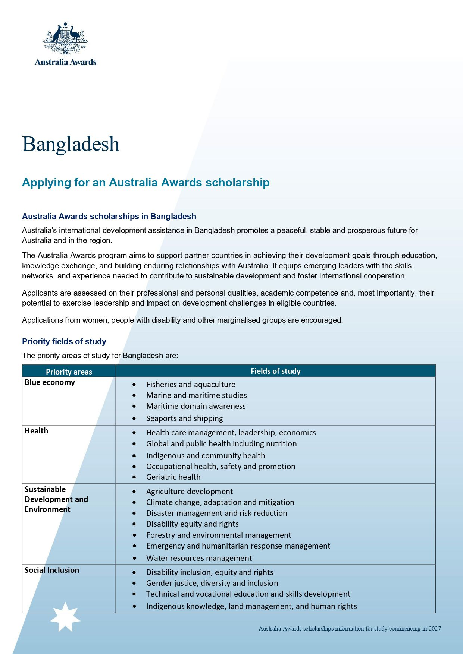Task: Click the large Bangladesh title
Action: [x=71, y=144]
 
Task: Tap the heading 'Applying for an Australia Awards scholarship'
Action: [x=146, y=183]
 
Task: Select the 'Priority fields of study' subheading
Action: [x=64, y=342]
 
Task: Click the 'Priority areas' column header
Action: [x=69, y=372]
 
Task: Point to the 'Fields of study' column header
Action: [x=275, y=371]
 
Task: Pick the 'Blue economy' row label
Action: [x=50, y=382]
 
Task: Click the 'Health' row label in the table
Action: [x=36, y=431]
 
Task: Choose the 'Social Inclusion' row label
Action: [x=52, y=570]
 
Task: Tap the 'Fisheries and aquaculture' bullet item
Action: [x=191, y=385]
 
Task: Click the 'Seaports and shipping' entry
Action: [x=184, y=418]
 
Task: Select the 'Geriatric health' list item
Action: [x=173, y=477]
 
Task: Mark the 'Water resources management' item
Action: [x=199, y=558]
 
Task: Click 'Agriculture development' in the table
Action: [x=190, y=492]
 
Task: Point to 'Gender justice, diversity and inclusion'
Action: [x=212, y=583]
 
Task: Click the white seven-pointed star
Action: [x=65, y=617]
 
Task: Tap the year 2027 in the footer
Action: [x=435, y=629]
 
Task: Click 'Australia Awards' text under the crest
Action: [x=65, y=62]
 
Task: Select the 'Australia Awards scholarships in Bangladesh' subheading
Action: [x=109, y=217]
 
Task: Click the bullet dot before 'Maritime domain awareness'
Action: [x=134, y=406]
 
